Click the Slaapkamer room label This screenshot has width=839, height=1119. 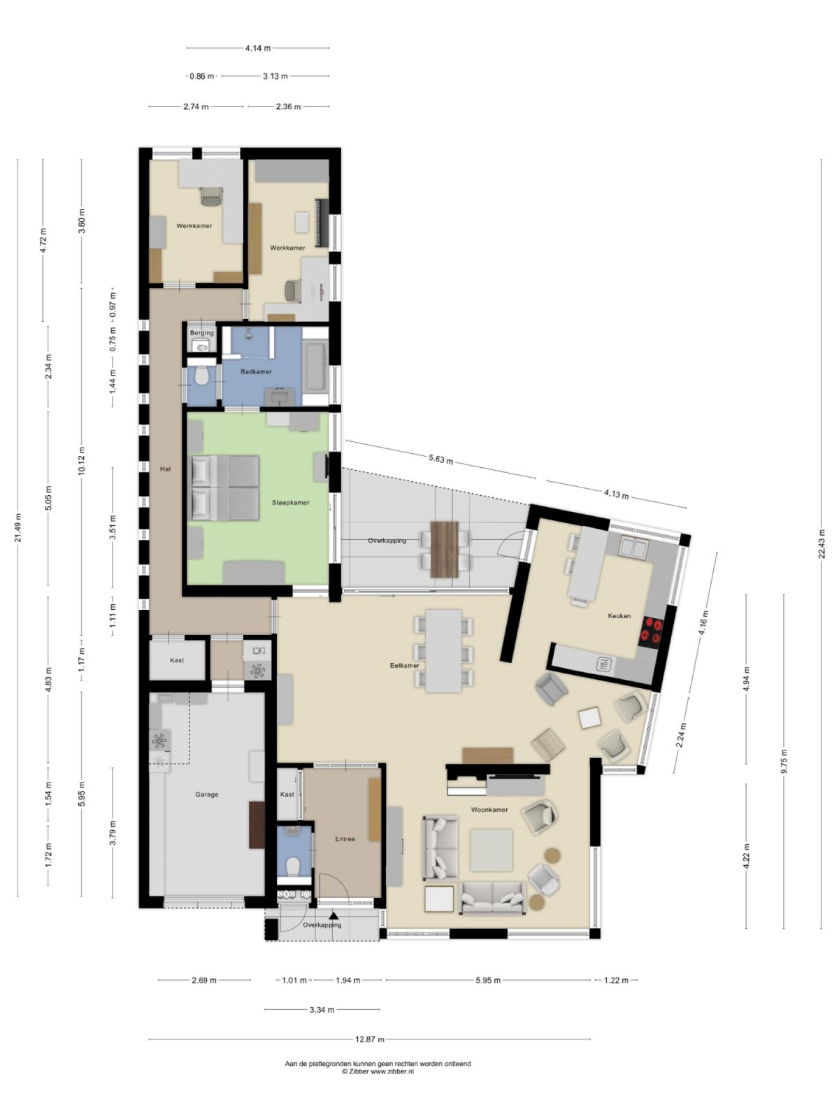coord(290,502)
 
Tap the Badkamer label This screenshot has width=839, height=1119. coord(256,371)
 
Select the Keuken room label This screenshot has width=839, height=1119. coord(619,616)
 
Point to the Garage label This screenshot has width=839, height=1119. coord(206,794)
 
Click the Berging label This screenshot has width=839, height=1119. coord(202,333)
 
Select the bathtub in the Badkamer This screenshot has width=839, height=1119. coord(315,367)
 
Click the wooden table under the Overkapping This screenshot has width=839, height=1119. coord(444,549)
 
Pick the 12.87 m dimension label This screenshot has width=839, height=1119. coord(369,1039)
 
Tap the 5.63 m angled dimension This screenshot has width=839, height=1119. coord(440,459)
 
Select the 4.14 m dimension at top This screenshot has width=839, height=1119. coord(258,48)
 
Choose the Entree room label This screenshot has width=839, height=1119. coord(345,839)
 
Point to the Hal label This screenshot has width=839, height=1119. coord(165,469)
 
